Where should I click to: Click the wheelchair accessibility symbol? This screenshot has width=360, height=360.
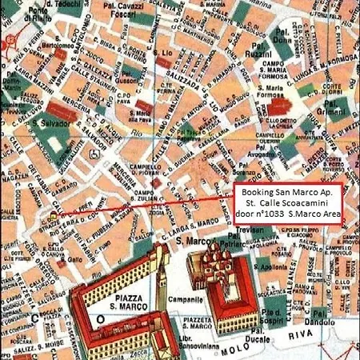coord(95,154)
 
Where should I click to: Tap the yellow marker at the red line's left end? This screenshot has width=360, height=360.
coord(53,216)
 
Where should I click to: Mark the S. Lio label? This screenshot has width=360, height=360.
coord(165,54)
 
